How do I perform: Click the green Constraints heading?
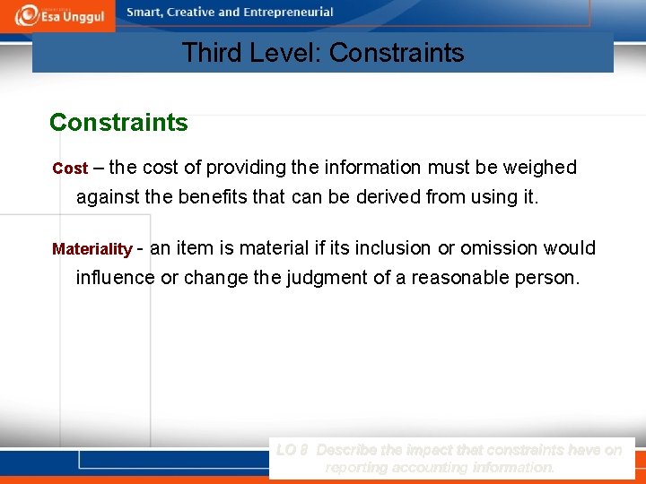pos(118,123)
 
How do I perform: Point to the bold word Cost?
pos(70,169)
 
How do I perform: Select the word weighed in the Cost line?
pos(542,168)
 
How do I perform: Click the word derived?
pos(395,196)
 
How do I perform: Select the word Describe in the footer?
pos(350,450)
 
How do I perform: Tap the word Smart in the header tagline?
pos(147,13)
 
